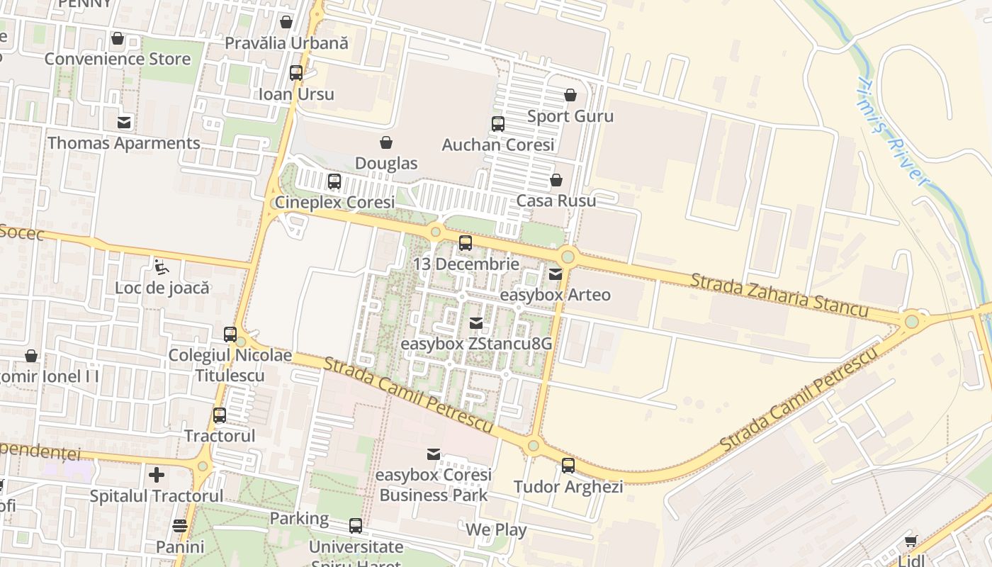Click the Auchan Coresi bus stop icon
click(498, 124)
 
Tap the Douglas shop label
click(386, 163)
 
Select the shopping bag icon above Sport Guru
click(570, 95)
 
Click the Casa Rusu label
click(556, 201)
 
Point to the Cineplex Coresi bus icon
click(334, 181)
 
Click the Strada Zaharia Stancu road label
click(779, 295)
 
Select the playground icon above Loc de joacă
click(162, 267)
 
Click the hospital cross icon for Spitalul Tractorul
click(157, 475)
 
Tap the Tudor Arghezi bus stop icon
click(568, 466)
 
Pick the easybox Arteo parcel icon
click(556, 274)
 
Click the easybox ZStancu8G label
click(476, 344)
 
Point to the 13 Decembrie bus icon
click(466, 243)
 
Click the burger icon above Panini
click(180, 526)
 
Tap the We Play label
click(496, 529)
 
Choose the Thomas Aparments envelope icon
click(124, 123)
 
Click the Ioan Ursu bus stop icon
click(296, 73)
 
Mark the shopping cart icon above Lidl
click(911, 541)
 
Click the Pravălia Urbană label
click(286, 43)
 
